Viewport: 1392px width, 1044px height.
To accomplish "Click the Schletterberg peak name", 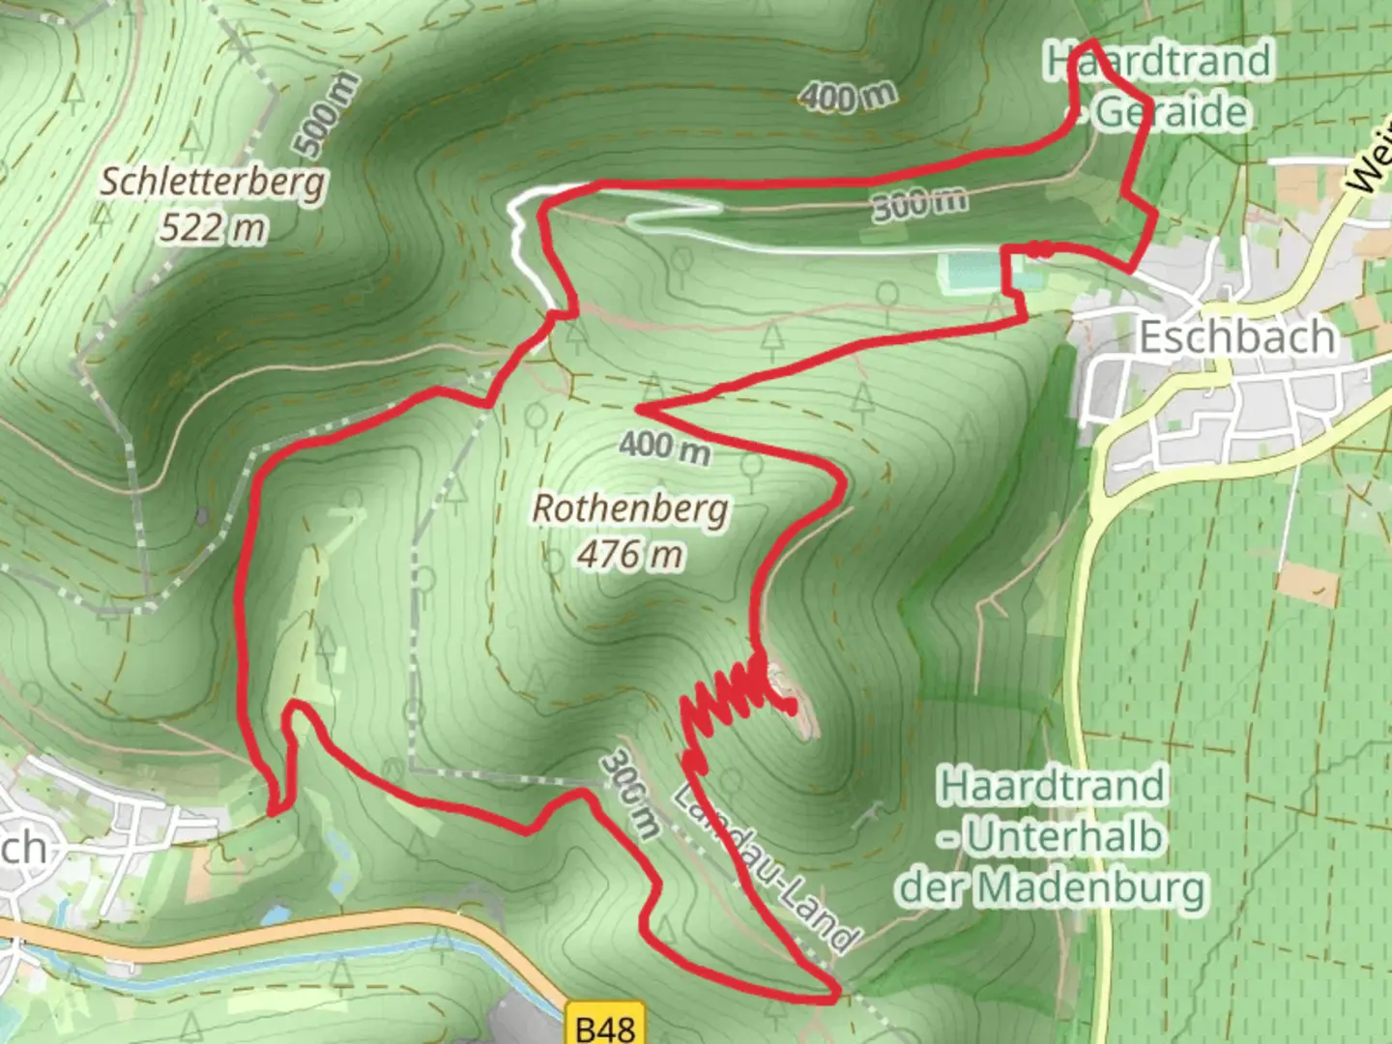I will tap(213, 182).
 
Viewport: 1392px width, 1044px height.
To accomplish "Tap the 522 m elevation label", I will tap(213, 228).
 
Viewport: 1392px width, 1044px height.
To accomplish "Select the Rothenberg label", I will tap(630, 508).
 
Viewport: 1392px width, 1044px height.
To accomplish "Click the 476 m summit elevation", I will tap(630, 555).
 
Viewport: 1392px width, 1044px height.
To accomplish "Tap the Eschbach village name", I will tap(1237, 336).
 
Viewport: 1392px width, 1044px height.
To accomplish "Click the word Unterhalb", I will tap(1063, 837).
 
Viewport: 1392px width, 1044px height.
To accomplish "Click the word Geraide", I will tap(1172, 112).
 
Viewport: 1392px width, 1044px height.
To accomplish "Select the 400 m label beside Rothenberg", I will tap(665, 447).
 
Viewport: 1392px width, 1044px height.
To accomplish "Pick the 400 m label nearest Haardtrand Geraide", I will tap(848, 96).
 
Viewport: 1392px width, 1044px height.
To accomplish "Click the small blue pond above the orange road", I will tap(275, 913).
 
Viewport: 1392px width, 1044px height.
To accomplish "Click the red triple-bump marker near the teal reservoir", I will tap(1040, 249).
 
